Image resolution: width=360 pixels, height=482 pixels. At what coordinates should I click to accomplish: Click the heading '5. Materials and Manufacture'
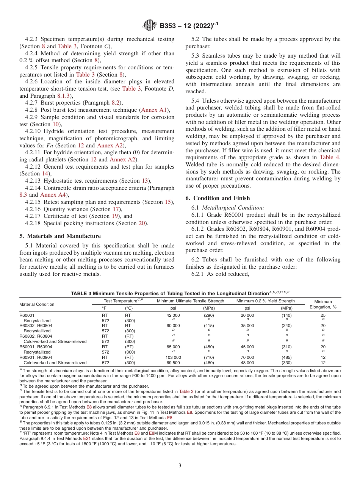(60, 236)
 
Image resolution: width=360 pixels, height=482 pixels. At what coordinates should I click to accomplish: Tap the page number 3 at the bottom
(180, 463)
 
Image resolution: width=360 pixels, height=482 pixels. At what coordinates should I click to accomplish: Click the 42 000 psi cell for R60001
(173, 315)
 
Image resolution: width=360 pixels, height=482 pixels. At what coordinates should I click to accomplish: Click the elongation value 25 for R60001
(323, 315)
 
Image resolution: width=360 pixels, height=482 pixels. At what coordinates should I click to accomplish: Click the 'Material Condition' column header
(37, 304)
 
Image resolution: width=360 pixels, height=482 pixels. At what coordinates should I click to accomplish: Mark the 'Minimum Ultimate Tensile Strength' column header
(190, 301)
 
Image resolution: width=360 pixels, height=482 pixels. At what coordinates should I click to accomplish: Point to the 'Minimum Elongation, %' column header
(323, 304)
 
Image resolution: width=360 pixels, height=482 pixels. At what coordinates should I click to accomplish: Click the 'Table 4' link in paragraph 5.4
(330, 157)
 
